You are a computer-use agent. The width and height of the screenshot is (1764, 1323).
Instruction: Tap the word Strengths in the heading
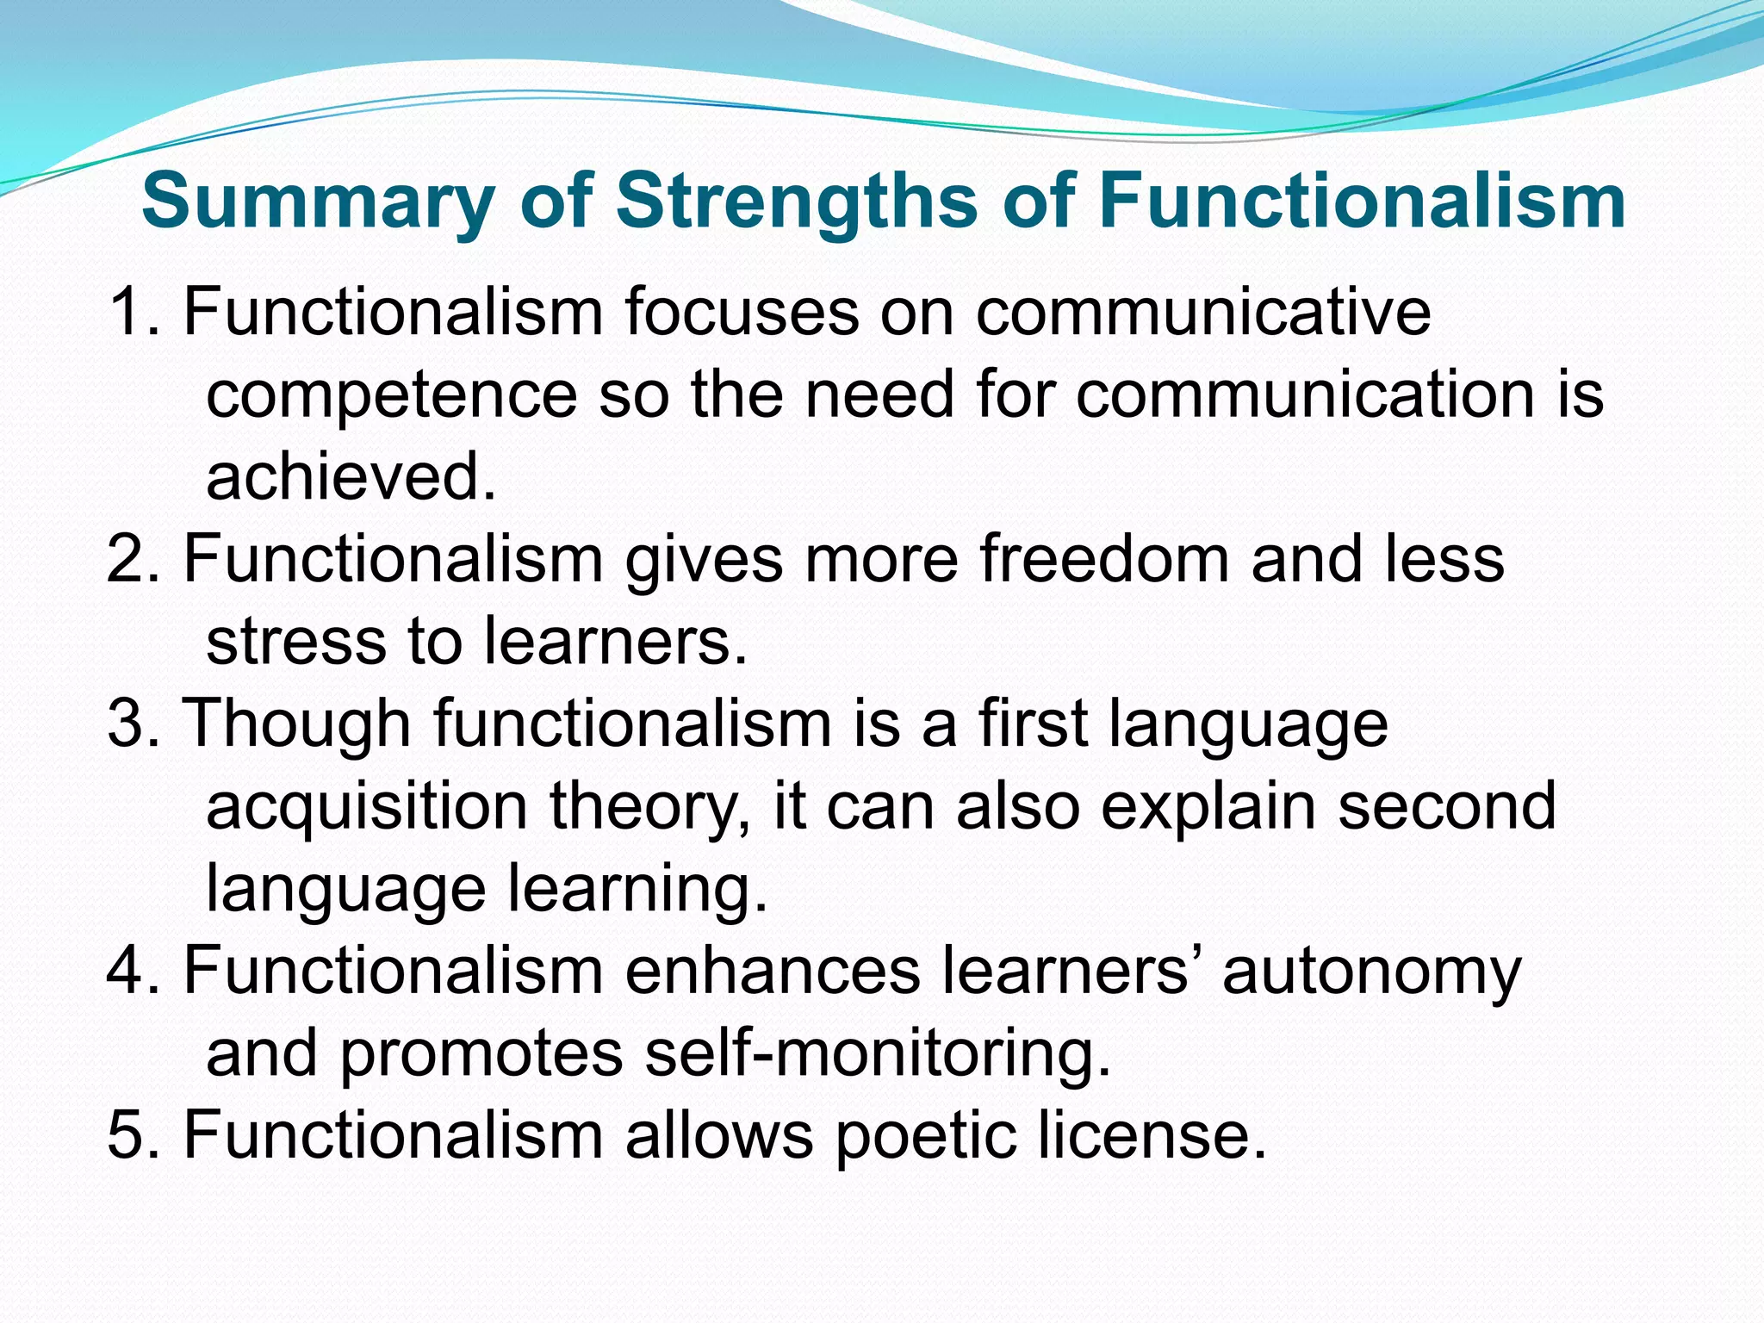coord(798,202)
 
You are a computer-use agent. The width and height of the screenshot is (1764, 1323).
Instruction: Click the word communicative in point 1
coord(1203,311)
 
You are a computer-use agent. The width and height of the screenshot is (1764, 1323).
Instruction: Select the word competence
coord(392,394)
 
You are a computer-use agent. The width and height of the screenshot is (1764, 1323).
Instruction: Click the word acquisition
coord(367,807)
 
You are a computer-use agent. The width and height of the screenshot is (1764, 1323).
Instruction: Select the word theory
coord(650,807)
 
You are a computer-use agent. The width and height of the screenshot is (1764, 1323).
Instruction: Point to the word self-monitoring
coord(878,1053)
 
